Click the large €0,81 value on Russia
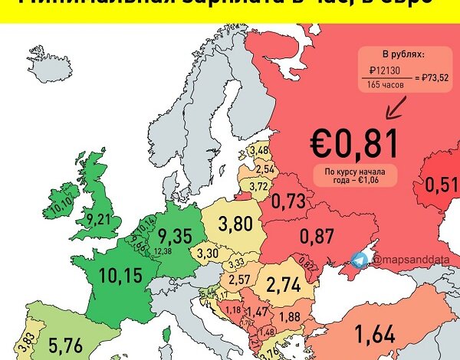(354, 143)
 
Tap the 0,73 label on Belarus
(289, 202)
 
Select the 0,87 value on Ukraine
(317, 236)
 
